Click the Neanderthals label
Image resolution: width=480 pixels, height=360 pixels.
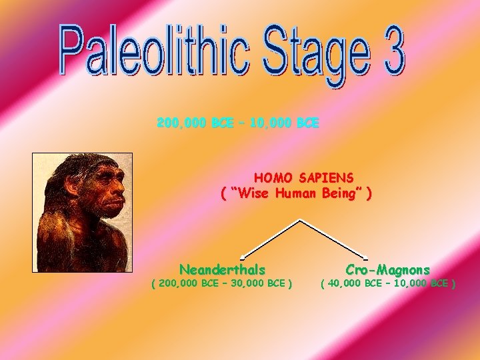click(x=222, y=270)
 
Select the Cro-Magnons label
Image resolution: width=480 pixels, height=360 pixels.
click(x=387, y=270)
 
